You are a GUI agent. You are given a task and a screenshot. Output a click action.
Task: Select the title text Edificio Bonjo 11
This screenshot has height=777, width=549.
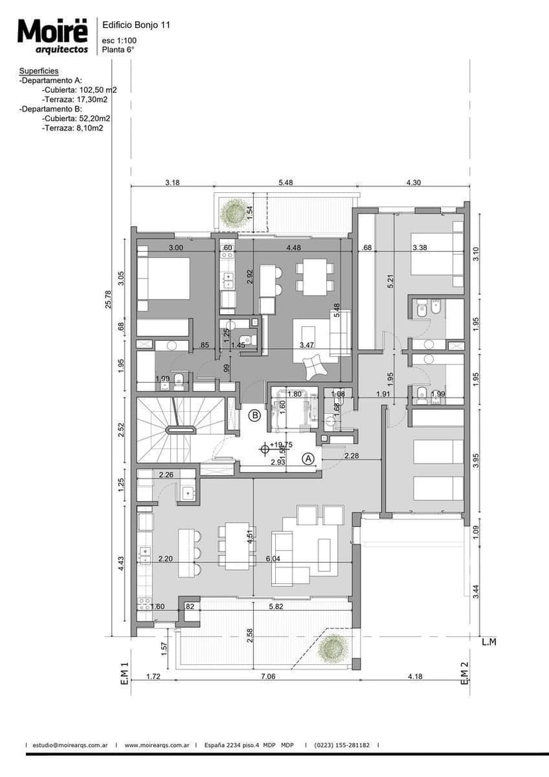coord(136,25)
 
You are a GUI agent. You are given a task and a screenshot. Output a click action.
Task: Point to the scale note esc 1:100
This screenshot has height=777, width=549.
coord(119,40)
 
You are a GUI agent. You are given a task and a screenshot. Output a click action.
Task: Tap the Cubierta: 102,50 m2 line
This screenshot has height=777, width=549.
coord(79,90)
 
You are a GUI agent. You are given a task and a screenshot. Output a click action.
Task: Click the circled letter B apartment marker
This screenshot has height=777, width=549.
coord(254,416)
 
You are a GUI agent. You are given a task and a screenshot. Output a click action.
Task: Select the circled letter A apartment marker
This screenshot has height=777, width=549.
coord(308,458)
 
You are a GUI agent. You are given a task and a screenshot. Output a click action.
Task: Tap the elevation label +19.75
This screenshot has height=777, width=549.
coord(280,446)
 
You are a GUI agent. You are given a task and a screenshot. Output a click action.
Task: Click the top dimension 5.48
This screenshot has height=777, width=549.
coord(287,182)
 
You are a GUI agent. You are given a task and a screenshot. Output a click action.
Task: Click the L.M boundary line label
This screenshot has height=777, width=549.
coord(489,642)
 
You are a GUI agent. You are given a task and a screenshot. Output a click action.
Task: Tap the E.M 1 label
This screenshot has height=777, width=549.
coord(124,673)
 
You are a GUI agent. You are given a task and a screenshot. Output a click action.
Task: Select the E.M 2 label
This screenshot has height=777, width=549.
coord(465,673)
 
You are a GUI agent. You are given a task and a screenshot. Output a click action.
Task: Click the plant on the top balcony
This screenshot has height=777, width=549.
coord(235,211)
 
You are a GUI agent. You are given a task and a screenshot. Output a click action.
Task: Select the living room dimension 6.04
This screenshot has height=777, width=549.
coord(273,560)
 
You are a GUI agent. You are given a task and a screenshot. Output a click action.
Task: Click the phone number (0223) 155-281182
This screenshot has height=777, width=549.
coord(342,745)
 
